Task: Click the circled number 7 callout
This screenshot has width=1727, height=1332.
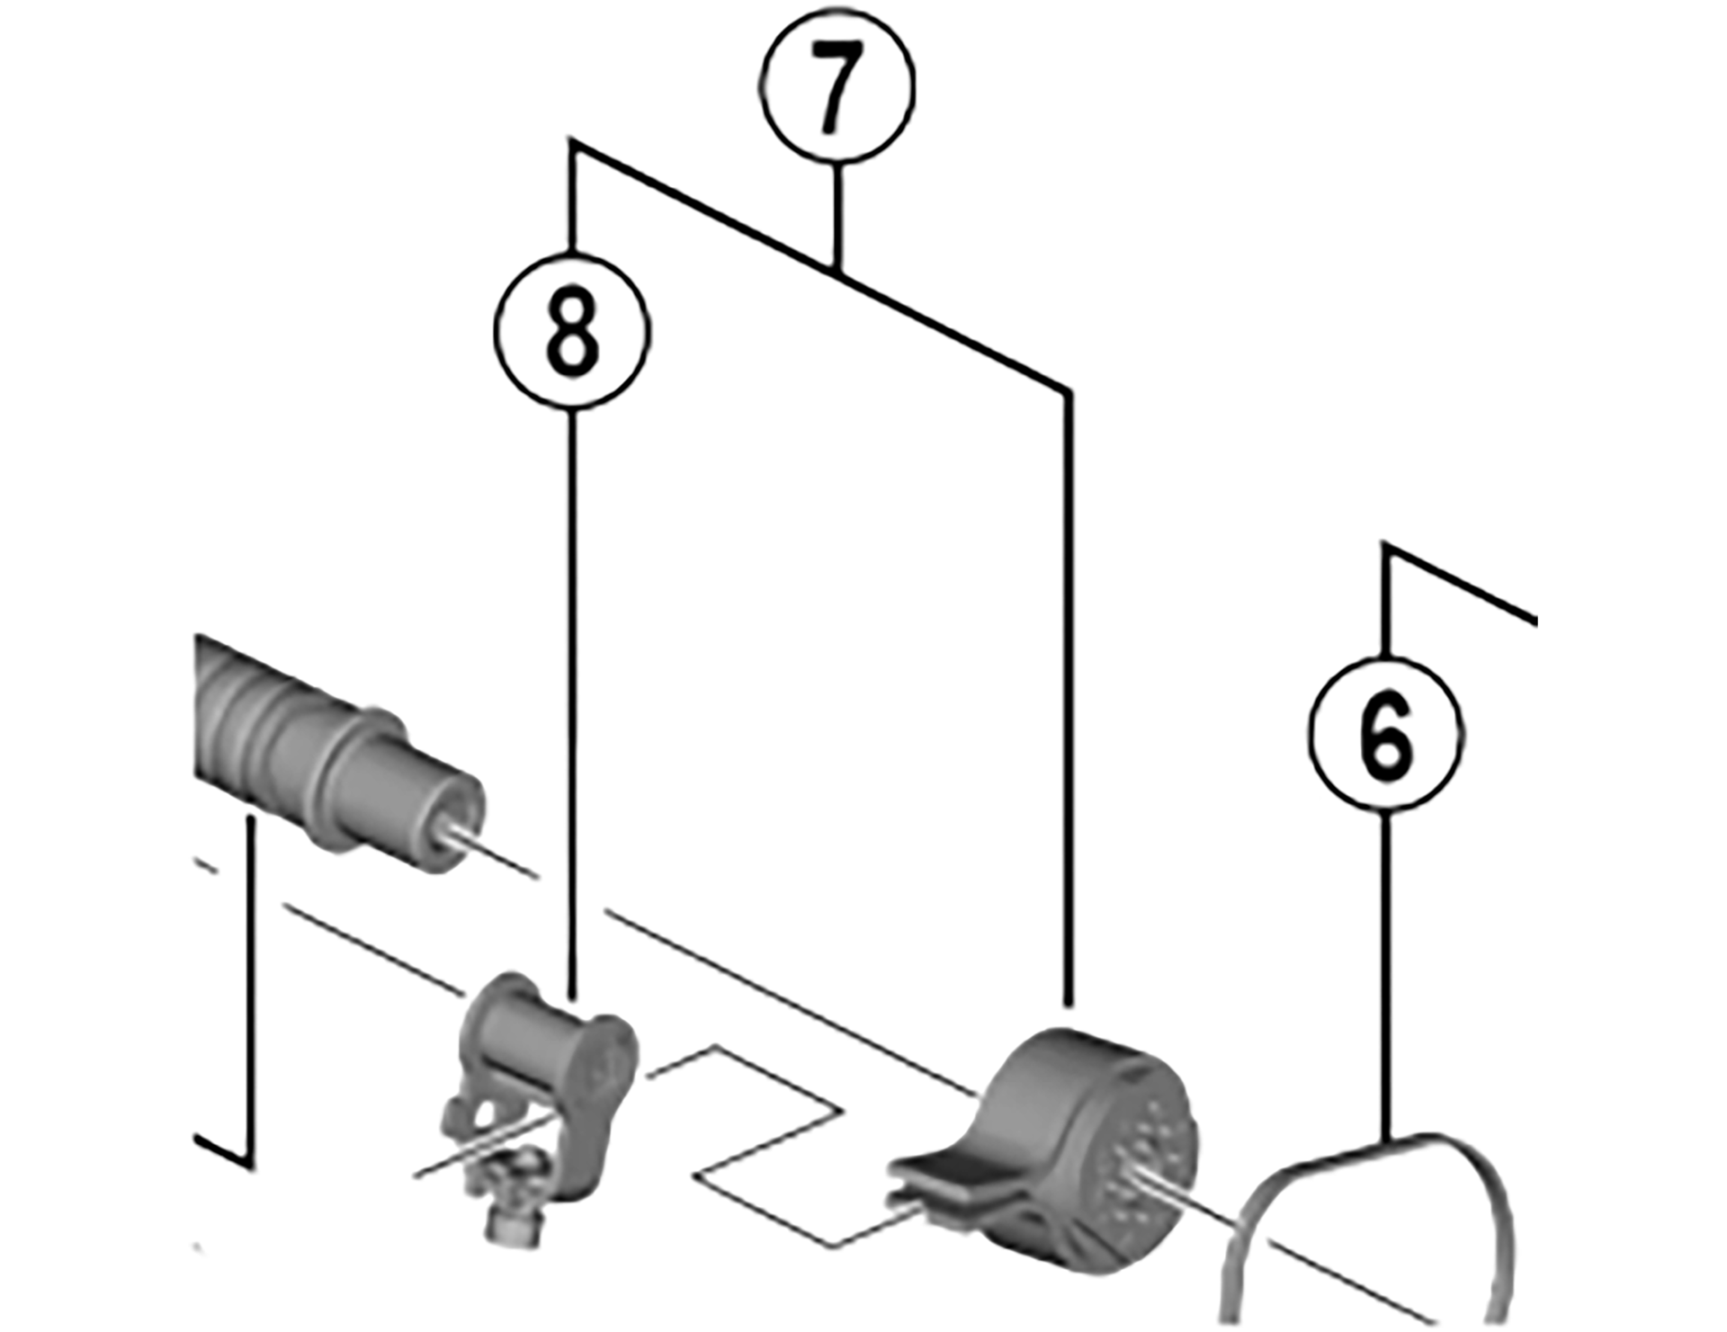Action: [x=837, y=87]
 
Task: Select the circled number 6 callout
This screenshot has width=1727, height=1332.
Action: [x=1386, y=733]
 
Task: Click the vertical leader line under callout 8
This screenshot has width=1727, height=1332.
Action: [x=574, y=706]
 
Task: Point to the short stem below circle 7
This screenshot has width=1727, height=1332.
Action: [x=837, y=216]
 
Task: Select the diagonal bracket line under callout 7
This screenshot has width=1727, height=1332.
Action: [x=819, y=264]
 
